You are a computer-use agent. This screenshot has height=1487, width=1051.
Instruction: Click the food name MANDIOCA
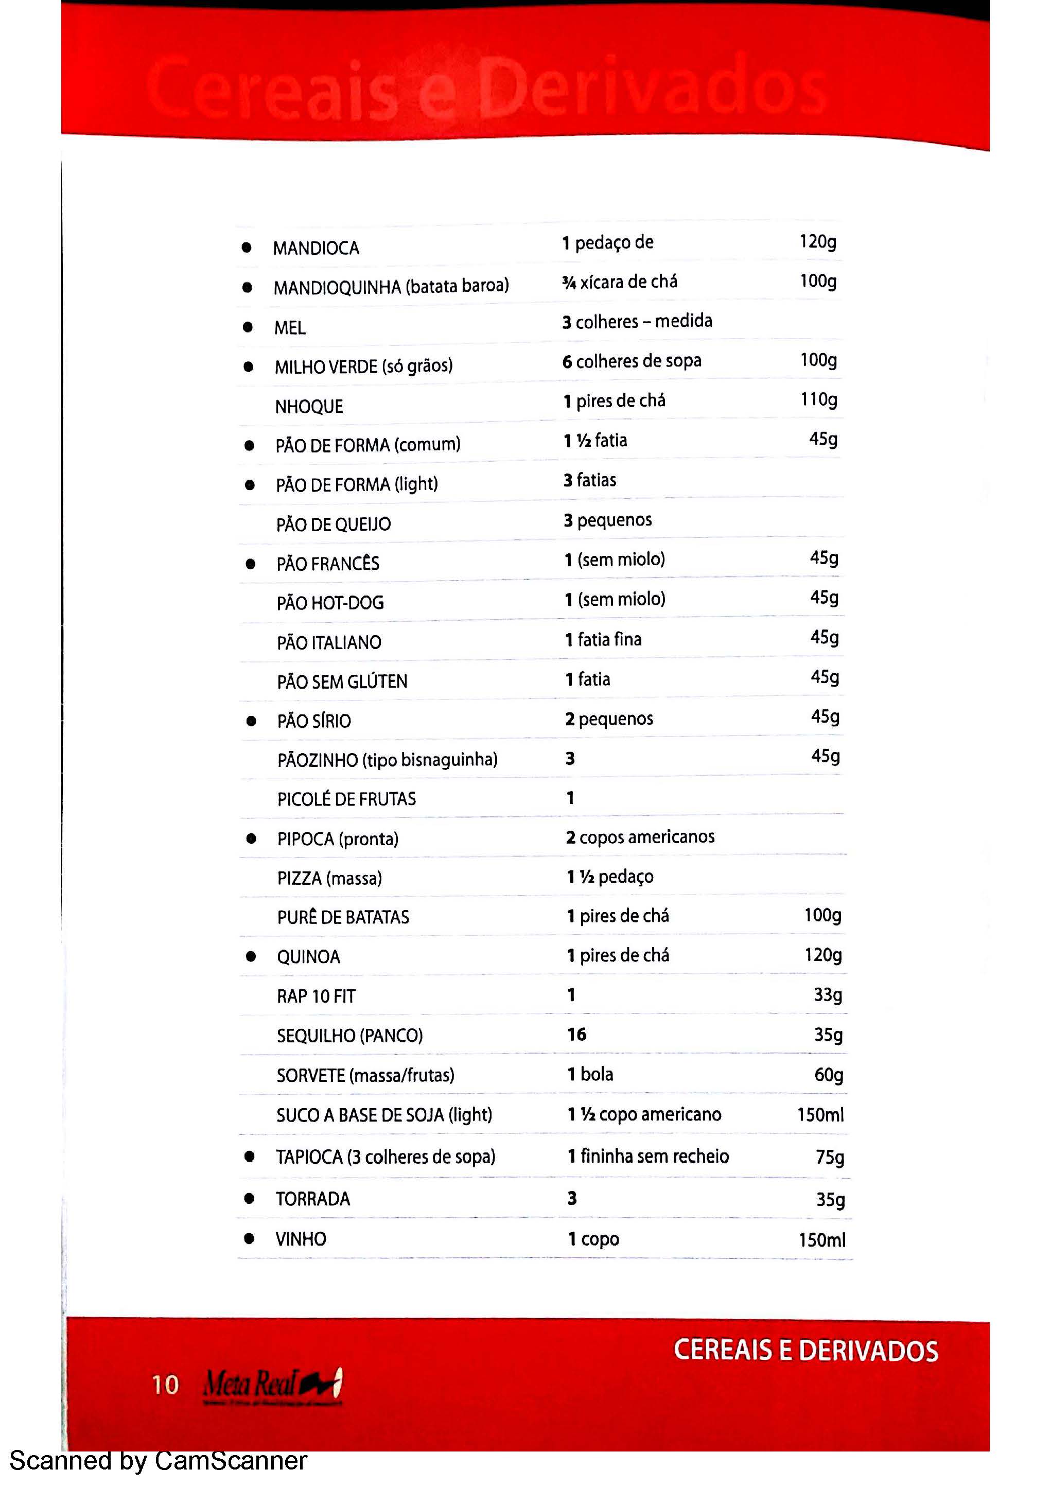pos(316,248)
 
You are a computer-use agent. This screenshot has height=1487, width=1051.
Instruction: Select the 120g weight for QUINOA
pos(822,955)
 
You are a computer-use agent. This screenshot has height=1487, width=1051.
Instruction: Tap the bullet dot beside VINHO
pos(249,1239)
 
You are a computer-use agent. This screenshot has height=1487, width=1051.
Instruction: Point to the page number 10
pos(165,1385)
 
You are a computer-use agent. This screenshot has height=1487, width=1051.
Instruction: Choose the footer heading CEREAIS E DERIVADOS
pos(805,1351)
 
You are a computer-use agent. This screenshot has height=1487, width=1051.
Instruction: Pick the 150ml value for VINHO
pos(822,1239)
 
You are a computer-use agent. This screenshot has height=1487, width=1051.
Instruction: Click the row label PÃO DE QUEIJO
pos(334,524)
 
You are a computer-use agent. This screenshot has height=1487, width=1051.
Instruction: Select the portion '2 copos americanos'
pos(640,837)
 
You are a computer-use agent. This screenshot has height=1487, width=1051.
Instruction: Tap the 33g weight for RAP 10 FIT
pos(828,995)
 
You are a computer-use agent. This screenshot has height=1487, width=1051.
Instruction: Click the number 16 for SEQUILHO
pos(576,1034)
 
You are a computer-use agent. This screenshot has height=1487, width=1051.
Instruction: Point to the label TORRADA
pos(313,1199)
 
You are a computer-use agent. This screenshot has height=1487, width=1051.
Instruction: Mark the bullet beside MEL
pos(248,327)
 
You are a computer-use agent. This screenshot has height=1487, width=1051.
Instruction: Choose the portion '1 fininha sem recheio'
pos(648,1156)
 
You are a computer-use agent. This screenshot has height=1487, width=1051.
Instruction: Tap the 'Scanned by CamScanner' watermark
pos(158,1460)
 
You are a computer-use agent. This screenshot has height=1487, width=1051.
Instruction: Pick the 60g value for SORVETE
pos(828,1075)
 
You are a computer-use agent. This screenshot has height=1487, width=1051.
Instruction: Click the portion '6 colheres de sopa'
pos(632,361)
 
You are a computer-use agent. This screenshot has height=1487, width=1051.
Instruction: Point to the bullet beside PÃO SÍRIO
pos(251,721)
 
